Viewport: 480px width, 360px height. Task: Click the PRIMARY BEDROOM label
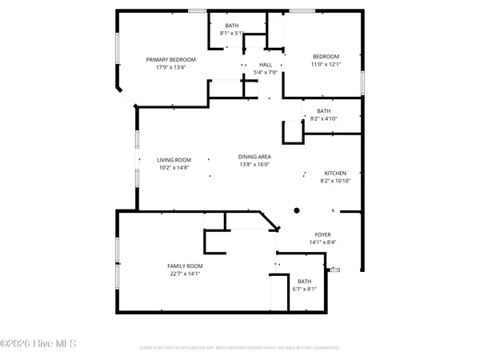170,59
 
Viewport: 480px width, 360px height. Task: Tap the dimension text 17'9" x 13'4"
170,67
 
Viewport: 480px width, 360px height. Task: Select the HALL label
266,65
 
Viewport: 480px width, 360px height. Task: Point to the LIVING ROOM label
173,160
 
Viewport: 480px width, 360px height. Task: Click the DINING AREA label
254,157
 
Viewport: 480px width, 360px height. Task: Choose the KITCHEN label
334,173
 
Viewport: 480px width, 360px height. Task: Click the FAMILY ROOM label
185,266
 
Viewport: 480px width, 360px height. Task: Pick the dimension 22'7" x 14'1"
185,274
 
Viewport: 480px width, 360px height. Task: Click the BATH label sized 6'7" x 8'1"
305,281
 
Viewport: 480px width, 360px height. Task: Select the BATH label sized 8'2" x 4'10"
323,111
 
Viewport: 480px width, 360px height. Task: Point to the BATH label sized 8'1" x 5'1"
231,26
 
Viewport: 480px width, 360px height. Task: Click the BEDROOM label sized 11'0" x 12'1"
326,56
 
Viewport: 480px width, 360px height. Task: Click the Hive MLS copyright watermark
38,343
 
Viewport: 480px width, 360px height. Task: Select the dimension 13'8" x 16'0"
254,165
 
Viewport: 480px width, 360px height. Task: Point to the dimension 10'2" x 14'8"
173,168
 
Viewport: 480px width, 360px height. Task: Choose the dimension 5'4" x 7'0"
266,72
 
